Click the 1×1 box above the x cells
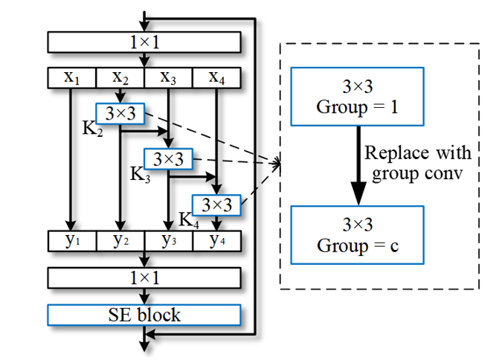point(144,42)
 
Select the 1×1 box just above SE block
point(144,277)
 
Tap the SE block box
point(144,315)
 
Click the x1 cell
point(71,77)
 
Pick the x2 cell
point(120,77)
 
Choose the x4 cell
point(217,77)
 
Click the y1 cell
point(71,241)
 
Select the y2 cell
point(120,241)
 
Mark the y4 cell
point(217,241)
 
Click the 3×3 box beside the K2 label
point(120,114)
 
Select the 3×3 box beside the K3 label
point(168,158)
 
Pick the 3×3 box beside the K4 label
point(217,204)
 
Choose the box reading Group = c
point(357,235)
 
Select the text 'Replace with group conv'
point(418,164)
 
